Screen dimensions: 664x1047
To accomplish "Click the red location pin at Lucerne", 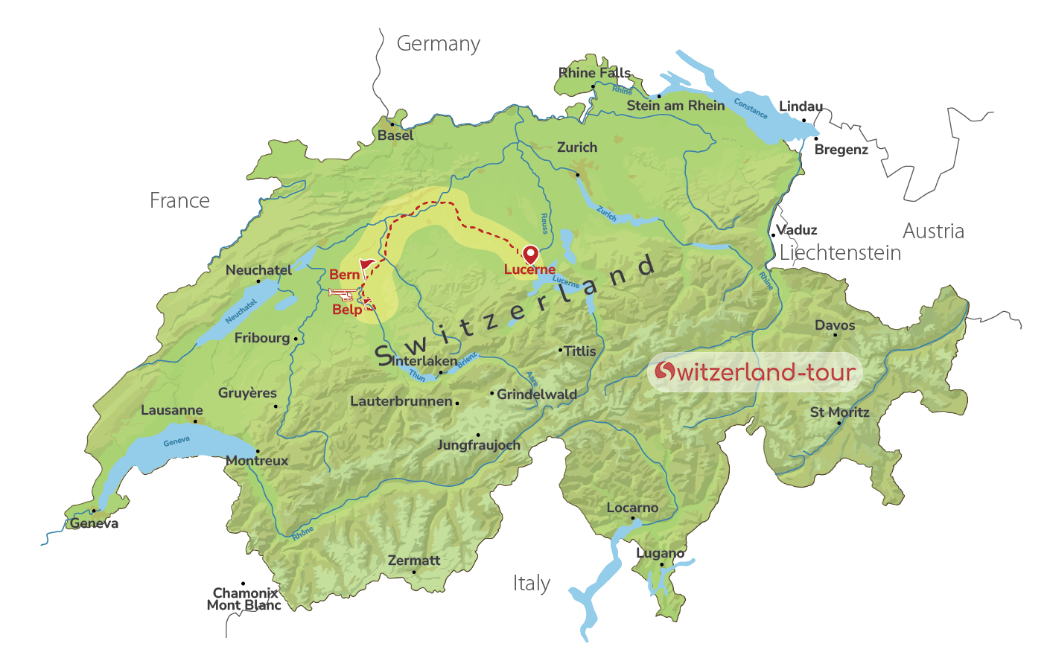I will point(530,254).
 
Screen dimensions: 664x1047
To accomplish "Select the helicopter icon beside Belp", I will point(342,294).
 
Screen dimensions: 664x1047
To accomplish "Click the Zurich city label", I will point(577,147).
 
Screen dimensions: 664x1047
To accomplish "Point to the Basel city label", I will point(395,135).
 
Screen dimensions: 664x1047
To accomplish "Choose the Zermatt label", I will point(413,560).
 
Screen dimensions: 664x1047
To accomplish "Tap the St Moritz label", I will point(839,412).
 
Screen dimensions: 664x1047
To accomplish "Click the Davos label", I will point(835,325).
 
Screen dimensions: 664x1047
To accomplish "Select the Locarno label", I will point(632,508).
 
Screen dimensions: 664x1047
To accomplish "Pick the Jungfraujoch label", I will point(478,445).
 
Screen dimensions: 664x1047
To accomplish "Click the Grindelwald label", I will point(536,394).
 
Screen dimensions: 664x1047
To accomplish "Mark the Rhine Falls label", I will point(594,72).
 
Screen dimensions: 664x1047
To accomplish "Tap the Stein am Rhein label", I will point(675,106).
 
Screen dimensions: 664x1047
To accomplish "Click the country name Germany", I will point(438,44).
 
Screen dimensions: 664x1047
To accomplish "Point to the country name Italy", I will point(531,583).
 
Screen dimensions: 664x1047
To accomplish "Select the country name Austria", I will point(933,231).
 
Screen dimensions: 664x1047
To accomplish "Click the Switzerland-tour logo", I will point(754,371).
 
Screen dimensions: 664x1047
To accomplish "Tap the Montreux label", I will point(257,461).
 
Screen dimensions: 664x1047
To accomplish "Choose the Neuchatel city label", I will point(258,270).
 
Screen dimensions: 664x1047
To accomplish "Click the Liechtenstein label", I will point(840,253).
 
